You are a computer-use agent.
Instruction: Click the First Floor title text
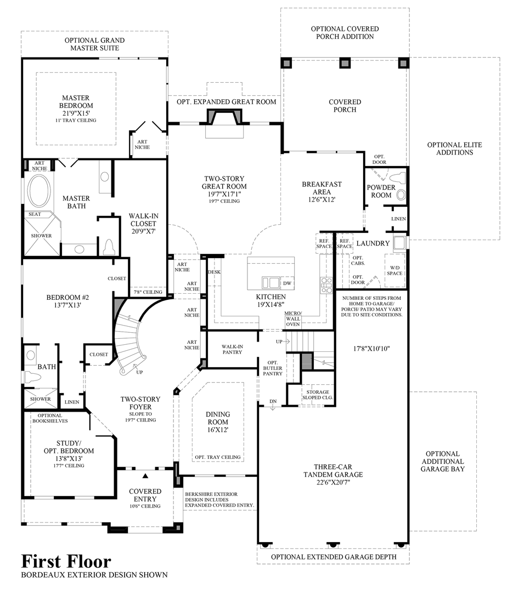click(x=66, y=561)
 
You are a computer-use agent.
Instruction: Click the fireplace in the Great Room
click(x=224, y=118)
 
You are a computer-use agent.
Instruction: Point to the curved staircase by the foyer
click(x=129, y=340)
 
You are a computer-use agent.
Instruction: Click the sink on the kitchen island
click(x=270, y=282)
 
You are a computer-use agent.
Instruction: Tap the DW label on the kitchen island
click(x=287, y=283)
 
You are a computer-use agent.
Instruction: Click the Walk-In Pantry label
click(x=232, y=349)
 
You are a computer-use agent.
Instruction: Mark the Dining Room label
click(x=218, y=422)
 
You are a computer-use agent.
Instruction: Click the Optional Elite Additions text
click(x=454, y=149)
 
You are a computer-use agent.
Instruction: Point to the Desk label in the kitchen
click(x=213, y=272)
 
